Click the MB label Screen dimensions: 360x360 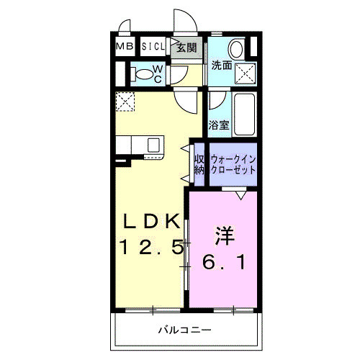[x=125, y=47]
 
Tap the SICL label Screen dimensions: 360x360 [x=153, y=47]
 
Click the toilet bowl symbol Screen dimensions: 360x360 [x=145, y=73]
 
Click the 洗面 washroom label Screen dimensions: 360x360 [x=221, y=66]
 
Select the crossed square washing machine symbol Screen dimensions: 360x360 [x=246, y=73]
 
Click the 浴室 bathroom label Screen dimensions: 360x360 [x=219, y=125]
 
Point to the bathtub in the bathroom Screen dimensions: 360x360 [x=245, y=115]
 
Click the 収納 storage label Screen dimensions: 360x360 [x=199, y=165]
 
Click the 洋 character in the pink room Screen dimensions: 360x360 [x=223, y=236]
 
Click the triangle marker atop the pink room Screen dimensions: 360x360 [x=240, y=194]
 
